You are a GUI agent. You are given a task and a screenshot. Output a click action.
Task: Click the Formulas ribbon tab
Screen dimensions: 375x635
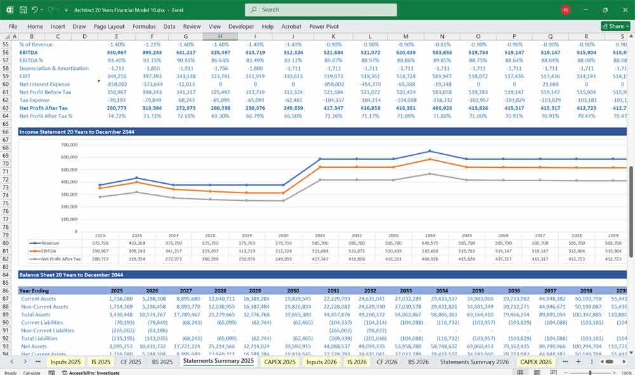tap(144, 27)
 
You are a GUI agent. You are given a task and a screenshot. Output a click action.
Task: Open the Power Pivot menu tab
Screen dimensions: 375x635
tap(324, 27)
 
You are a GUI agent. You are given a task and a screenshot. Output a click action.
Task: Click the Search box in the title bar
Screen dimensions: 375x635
tap(321, 10)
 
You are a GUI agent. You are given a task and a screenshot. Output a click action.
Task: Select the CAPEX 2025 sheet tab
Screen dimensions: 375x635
tap(280, 362)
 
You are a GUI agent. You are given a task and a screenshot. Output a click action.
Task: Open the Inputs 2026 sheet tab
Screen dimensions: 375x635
tap(322, 362)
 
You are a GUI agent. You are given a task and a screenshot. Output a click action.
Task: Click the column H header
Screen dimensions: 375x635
tap(220, 36)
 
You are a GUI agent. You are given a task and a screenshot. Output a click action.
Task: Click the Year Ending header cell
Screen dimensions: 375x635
tap(35, 290)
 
